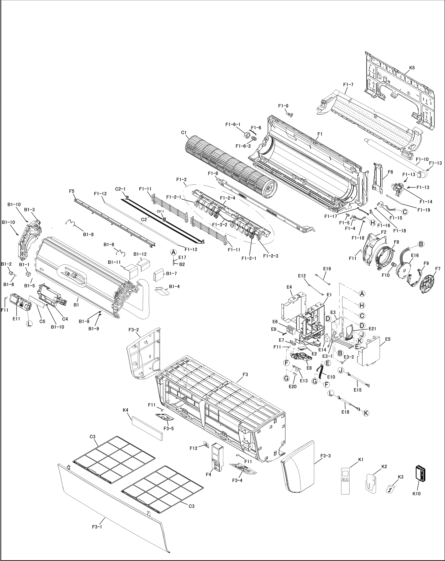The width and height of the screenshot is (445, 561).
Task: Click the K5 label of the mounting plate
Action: tap(412, 68)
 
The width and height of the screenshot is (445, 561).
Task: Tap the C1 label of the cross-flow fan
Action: tap(184, 132)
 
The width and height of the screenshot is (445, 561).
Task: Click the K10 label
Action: tap(416, 494)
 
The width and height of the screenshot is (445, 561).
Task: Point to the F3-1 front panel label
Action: tap(97, 527)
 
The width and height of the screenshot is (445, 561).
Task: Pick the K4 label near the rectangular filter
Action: tap(125, 410)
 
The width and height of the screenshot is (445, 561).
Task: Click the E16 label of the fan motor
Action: tap(415, 256)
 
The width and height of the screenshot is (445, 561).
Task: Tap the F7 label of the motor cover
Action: tap(438, 268)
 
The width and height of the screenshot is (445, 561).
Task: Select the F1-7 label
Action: tap(348, 85)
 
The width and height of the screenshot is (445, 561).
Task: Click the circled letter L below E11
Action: tap(29, 324)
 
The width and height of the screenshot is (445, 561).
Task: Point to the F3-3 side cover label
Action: tap(325, 455)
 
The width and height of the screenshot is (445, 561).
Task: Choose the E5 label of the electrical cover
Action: tap(388, 339)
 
